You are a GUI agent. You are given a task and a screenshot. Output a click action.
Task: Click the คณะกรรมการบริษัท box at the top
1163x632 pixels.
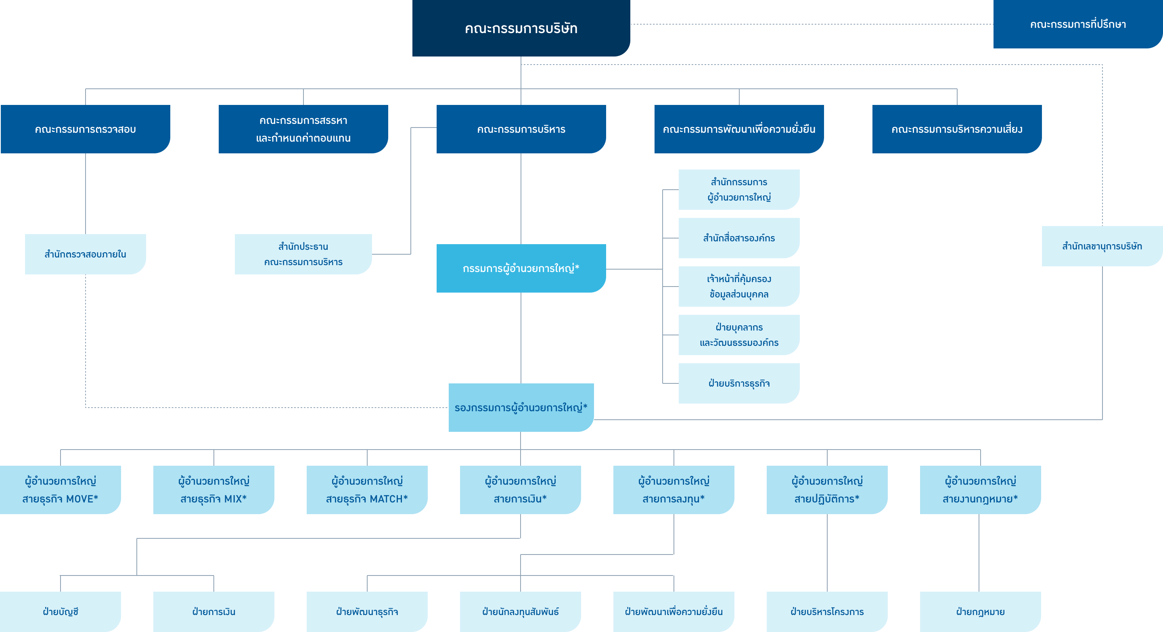pos(521,28)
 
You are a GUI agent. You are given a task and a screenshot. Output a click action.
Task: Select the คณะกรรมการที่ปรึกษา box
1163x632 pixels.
pos(1078,24)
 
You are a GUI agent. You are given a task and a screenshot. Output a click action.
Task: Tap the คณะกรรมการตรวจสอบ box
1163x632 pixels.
pos(85,129)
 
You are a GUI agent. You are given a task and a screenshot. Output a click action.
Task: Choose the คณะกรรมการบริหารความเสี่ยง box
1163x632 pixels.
pos(957,129)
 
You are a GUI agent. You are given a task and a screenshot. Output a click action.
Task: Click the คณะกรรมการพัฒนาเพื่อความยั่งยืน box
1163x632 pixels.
pos(739,129)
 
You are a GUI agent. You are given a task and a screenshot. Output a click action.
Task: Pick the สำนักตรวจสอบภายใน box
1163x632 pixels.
pos(85,254)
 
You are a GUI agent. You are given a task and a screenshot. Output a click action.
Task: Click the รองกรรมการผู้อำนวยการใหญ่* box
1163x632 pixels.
pos(521,408)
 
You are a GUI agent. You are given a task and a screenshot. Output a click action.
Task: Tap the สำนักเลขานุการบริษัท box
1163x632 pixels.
pos(1102,246)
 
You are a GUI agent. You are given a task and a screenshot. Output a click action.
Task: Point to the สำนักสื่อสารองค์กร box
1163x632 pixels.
pos(739,238)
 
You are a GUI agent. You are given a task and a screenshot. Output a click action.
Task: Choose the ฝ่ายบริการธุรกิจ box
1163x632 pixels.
pos(739,383)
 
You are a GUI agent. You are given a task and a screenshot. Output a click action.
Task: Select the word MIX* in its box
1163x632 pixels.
pos(235,499)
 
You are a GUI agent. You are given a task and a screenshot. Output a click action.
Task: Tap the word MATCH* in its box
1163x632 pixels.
pos(389,499)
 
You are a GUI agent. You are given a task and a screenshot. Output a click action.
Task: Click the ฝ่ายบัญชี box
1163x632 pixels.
pos(61,612)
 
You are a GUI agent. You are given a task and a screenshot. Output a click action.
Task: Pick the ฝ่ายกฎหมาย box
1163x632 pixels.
pos(980,612)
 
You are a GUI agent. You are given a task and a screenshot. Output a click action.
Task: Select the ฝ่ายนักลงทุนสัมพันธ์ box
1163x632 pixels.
pos(520,612)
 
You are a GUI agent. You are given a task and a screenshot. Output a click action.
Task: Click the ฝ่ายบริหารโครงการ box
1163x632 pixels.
pos(827,612)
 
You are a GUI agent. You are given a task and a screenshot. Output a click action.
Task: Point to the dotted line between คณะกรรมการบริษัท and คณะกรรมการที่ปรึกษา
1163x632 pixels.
pos(812,24)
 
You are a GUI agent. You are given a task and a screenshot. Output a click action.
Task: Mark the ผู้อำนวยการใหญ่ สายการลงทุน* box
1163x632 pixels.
pos(674,490)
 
